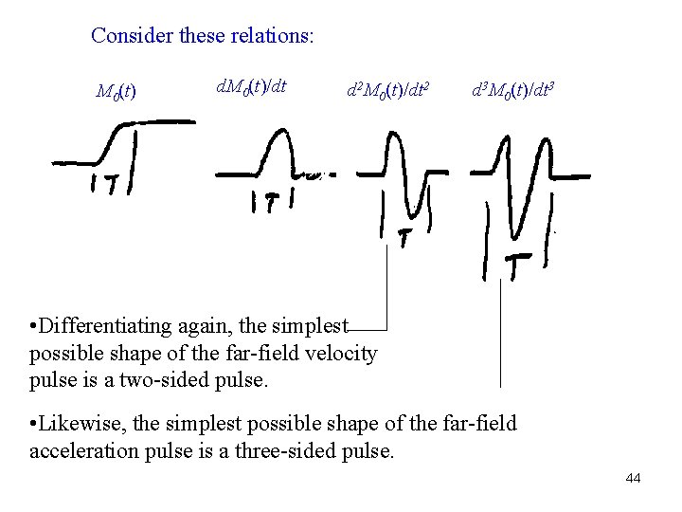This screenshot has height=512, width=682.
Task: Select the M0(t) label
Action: pyautogui.click(x=116, y=92)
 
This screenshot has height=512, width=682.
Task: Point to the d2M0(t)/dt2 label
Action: pyautogui.click(x=387, y=92)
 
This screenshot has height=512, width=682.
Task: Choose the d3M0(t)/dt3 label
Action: pyautogui.click(x=512, y=92)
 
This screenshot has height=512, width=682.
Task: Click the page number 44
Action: pyautogui.click(x=633, y=478)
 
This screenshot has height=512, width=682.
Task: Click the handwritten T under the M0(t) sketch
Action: pyautogui.click(x=112, y=184)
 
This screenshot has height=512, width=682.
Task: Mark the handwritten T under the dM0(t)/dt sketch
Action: pyautogui.click(x=272, y=202)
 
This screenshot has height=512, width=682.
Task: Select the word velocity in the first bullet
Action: pyautogui.click(x=345, y=354)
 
